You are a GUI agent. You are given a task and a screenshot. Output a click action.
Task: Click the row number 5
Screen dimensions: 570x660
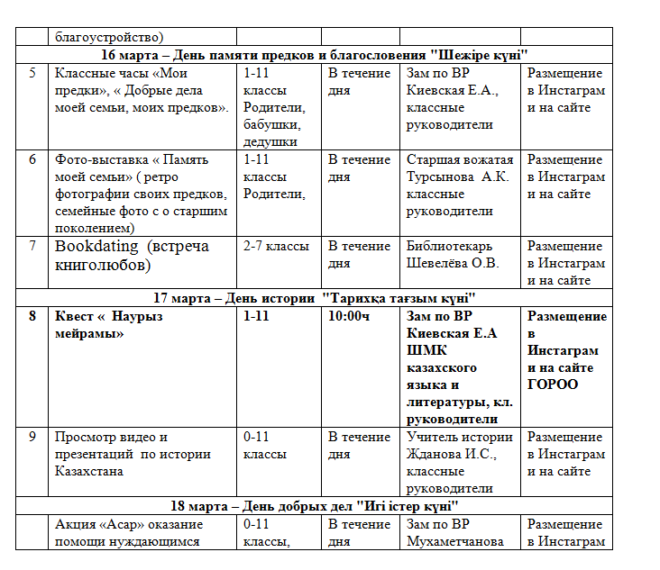(x=32, y=73)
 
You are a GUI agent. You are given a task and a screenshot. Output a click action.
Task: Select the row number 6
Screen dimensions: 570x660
(x=32, y=159)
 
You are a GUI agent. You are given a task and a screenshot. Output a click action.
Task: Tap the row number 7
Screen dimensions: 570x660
(x=32, y=246)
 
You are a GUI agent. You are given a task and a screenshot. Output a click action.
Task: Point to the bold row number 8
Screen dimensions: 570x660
(x=32, y=316)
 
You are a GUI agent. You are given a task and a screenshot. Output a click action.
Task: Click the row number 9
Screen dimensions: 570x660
(x=32, y=437)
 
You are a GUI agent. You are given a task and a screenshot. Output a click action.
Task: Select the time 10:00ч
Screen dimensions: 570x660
(x=350, y=316)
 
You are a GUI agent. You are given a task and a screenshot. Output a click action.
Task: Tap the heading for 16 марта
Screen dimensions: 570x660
(x=314, y=54)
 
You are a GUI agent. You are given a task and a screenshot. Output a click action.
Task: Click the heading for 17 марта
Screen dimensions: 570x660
(x=315, y=297)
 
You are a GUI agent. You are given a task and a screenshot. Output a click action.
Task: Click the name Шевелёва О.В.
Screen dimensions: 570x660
(x=453, y=263)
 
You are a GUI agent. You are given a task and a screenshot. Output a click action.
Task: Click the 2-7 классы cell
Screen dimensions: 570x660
(x=276, y=246)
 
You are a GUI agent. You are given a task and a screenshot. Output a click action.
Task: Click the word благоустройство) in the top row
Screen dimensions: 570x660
(x=109, y=37)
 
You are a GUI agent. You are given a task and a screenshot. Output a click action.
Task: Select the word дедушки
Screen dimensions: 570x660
(x=270, y=141)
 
